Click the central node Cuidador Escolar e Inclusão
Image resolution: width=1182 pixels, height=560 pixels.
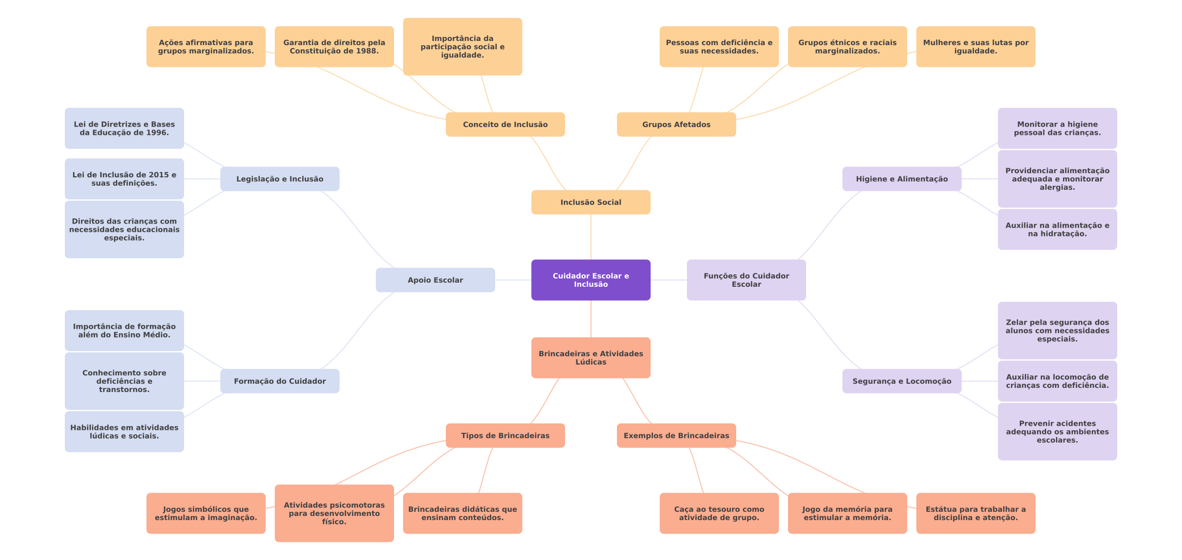point(590,280)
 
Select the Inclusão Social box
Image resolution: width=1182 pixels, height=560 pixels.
point(590,202)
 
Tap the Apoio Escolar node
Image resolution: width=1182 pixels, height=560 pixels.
point(435,280)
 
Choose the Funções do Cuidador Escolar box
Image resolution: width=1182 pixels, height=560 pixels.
point(746,280)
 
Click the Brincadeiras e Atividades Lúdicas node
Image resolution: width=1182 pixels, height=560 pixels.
point(590,358)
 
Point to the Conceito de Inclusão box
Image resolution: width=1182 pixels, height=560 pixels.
point(505,124)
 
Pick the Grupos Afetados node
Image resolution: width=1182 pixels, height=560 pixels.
point(676,124)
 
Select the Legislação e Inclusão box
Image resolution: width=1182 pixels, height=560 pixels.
point(279,179)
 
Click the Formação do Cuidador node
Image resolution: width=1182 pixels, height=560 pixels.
point(279,381)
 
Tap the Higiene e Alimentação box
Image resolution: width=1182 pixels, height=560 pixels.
point(902,179)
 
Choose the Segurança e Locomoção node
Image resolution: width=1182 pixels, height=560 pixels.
point(902,381)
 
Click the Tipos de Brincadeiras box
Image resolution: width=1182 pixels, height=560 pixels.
point(505,436)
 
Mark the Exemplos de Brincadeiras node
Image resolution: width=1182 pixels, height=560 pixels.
point(676,436)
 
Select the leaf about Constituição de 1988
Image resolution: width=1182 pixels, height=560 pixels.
point(334,47)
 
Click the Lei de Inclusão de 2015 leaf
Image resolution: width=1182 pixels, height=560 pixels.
point(124,179)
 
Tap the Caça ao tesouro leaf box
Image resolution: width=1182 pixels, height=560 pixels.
point(719,513)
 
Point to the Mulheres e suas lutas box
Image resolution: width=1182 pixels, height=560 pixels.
point(975,47)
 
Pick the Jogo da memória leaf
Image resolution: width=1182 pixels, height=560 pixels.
point(847,513)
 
